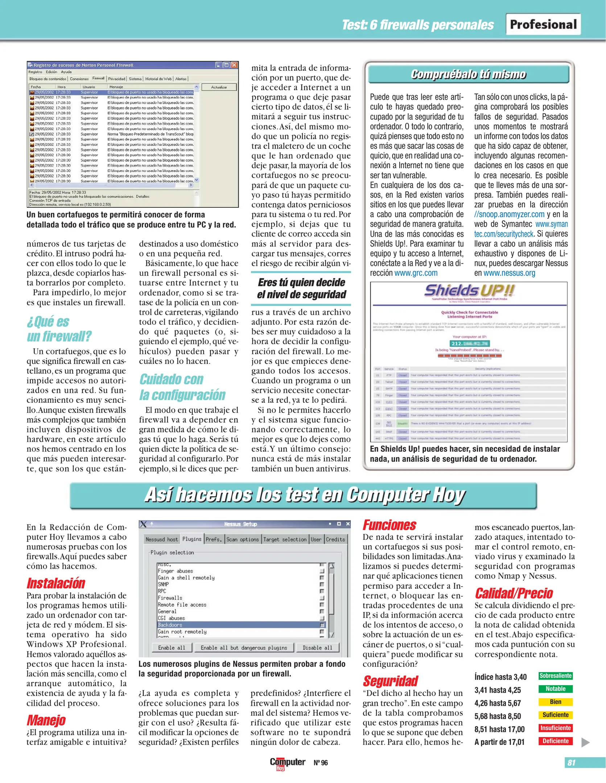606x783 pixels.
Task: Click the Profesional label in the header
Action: tap(543, 24)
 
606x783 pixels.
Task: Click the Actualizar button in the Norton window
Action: tap(219, 87)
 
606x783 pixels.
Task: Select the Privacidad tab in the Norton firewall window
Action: tap(116, 79)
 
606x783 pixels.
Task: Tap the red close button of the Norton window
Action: tap(234, 65)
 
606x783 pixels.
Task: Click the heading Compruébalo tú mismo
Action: tap(468, 74)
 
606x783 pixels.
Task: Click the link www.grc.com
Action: tap(416, 273)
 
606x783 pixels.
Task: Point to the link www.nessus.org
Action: tap(509, 273)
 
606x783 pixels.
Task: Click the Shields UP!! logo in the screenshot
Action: tap(469, 290)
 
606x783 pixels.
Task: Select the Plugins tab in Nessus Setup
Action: tap(192, 539)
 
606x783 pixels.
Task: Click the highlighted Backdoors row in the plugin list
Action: tap(239, 625)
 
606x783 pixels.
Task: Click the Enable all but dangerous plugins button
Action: tap(244, 647)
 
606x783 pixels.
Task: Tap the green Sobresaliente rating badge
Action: tap(555, 676)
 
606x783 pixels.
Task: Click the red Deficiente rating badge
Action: tap(555, 741)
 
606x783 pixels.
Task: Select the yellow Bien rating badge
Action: tap(555, 702)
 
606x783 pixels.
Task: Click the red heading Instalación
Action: tap(55, 583)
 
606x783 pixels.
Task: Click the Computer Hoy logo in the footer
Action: tap(287, 763)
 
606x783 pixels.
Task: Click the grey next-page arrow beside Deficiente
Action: tap(585, 742)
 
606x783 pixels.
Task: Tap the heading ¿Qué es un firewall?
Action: tap(59, 329)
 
